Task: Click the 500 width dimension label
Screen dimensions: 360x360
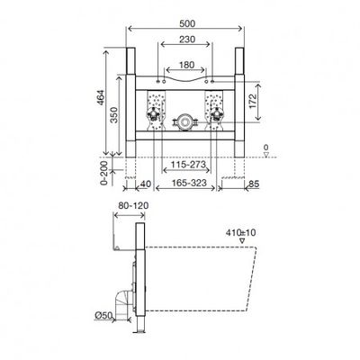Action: point(187,23)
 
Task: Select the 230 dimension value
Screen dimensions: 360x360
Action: point(187,40)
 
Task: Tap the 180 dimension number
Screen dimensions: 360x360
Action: point(186,65)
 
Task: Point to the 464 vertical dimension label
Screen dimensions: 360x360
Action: point(101,97)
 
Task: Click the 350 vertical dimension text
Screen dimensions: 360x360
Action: point(114,115)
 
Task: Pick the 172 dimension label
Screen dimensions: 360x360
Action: point(253,101)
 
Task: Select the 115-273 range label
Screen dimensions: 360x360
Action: point(188,165)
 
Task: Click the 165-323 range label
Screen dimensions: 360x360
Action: point(189,183)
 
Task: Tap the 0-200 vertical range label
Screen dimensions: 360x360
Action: point(103,173)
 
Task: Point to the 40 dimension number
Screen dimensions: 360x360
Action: point(146,184)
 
